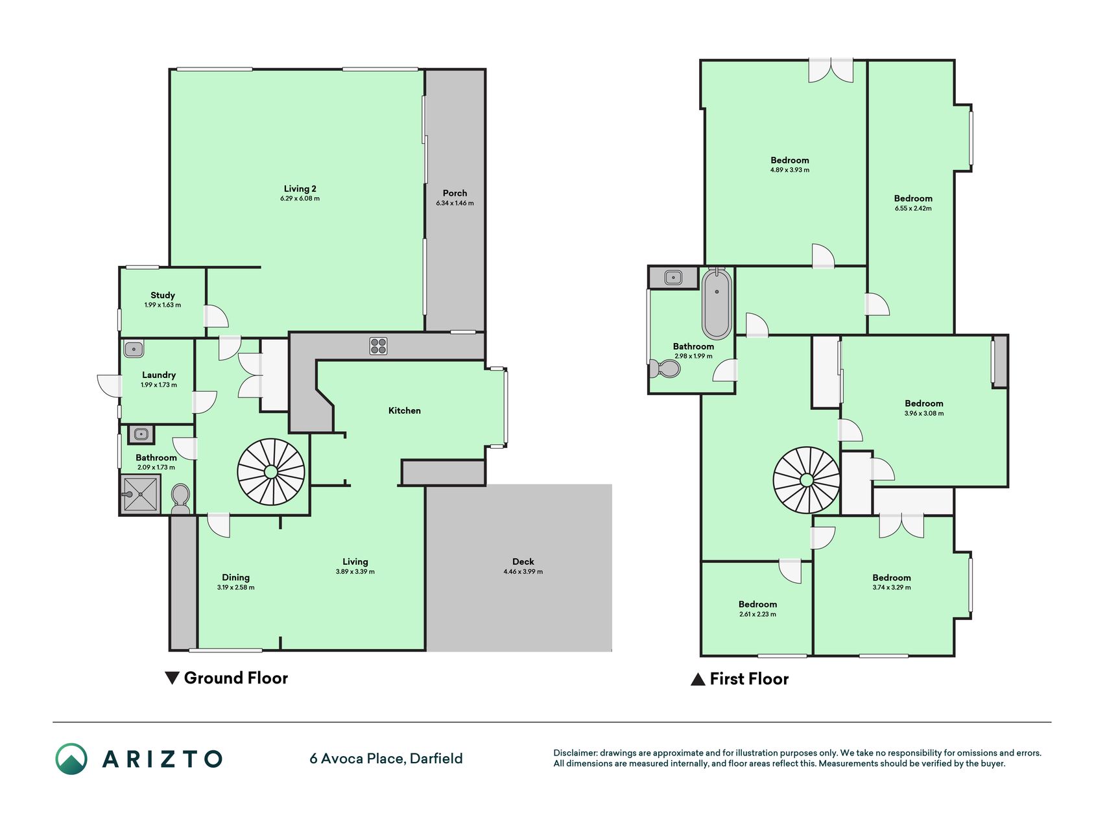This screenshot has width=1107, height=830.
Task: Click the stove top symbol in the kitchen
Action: [x=379, y=346]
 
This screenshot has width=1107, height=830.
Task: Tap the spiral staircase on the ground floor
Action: [x=271, y=472]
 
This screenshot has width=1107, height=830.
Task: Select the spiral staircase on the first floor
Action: [x=807, y=480]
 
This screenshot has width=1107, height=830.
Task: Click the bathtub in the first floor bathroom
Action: [x=717, y=303]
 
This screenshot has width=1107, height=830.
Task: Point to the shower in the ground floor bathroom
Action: [x=140, y=495]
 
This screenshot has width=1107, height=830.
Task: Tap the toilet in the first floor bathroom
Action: [x=665, y=369]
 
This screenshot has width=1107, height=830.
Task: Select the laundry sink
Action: [x=134, y=349]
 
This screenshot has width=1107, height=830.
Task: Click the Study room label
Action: [x=163, y=295]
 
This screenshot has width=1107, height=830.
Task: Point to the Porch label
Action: [x=455, y=193]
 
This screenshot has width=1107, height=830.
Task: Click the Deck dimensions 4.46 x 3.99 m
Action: [x=523, y=571]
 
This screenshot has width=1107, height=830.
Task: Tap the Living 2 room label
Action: [x=300, y=189]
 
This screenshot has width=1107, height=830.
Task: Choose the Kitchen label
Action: [x=405, y=410]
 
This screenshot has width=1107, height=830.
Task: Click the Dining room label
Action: [x=235, y=577]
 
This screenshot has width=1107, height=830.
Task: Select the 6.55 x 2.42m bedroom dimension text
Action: [x=913, y=208]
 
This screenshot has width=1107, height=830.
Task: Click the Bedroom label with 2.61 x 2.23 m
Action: [x=757, y=604]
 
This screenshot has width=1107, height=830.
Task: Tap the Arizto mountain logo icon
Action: [x=71, y=759]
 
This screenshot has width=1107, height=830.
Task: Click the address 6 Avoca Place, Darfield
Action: [x=386, y=758]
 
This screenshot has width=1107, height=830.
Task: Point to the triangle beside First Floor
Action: [x=698, y=679]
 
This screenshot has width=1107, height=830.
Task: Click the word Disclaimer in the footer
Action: [x=575, y=753]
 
